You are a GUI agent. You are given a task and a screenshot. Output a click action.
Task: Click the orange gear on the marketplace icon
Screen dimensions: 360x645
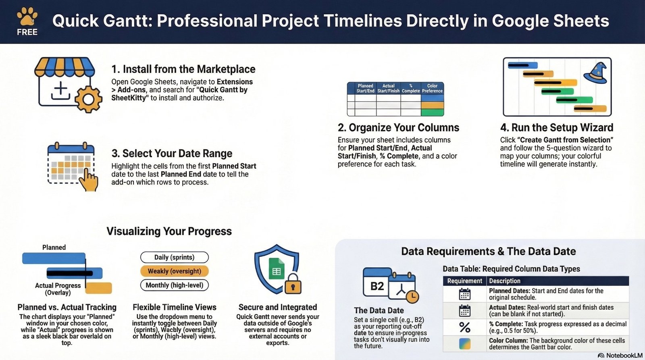(x=88, y=99)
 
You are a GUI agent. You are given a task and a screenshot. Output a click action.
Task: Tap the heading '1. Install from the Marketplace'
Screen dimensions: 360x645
(x=183, y=69)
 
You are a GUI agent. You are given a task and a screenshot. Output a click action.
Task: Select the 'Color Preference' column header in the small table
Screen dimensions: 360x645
(x=432, y=88)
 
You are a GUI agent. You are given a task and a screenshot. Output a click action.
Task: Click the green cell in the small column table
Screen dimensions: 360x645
(x=432, y=112)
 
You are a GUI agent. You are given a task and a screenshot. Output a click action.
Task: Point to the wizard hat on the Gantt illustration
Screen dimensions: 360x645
(x=596, y=73)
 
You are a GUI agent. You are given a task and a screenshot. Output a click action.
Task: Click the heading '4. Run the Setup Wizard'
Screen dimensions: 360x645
(x=556, y=128)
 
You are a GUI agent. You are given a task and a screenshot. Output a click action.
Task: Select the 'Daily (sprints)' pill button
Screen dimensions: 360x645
(x=174, y=257)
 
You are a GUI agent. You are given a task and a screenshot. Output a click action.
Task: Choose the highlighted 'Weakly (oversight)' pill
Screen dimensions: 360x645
(x=174, y=271)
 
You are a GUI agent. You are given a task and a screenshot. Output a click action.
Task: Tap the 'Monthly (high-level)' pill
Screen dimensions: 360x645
(x=174, y=285)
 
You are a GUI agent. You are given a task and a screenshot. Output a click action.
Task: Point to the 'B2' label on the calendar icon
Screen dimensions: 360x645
(x=377, y=286)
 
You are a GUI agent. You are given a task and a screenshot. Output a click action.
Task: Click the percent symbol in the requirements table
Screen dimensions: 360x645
(x=464, y=327)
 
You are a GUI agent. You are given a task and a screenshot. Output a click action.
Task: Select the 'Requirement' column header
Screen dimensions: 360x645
(x=464, y=281)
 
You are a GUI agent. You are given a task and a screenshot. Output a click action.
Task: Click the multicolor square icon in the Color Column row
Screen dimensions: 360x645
(x=464, y=343)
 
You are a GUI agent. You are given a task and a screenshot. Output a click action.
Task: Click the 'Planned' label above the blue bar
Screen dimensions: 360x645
(x=54, y=248)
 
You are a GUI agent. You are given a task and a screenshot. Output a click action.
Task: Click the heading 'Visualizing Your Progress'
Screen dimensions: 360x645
(x=169, y=231)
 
